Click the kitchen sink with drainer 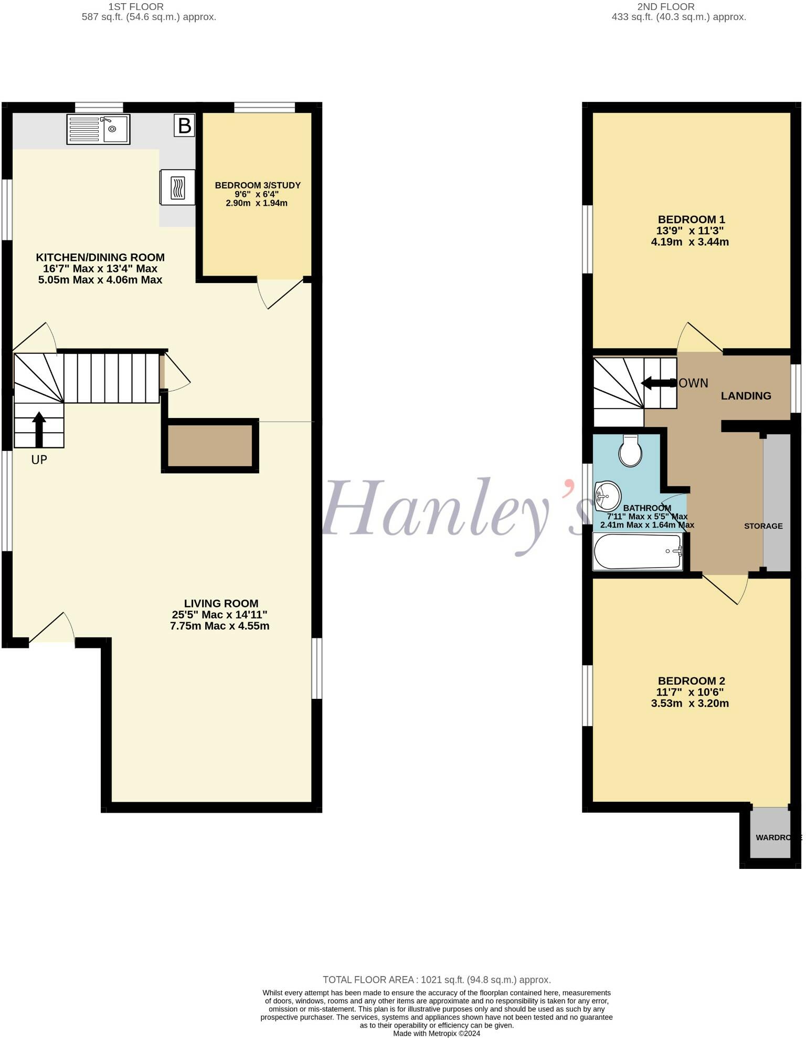[98, 129]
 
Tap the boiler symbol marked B [184, 126]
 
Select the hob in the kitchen [177, 187]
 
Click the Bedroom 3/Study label [258, 185]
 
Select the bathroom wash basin [607, 495]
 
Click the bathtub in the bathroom [638, 551]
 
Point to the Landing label [746, 396]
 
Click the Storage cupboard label [763, 526]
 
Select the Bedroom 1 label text [691, 219]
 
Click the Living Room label [221, 604]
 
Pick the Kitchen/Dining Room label [100, 257]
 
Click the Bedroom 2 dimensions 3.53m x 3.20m [690, 704]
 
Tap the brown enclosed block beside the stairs [210, 446]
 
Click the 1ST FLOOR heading [136, 7]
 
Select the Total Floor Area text [437, 980]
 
